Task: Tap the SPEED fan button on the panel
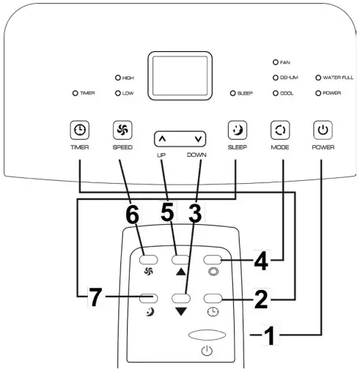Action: pos(122,130)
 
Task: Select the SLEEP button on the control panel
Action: pos(236,130)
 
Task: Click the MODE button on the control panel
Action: pos(279,130)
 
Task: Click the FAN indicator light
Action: pos(276,63)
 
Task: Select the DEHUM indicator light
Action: pos(276,77)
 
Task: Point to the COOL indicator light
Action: pos(276,93)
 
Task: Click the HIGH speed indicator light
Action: pos(117,78)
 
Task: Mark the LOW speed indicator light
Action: pos(117,93)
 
